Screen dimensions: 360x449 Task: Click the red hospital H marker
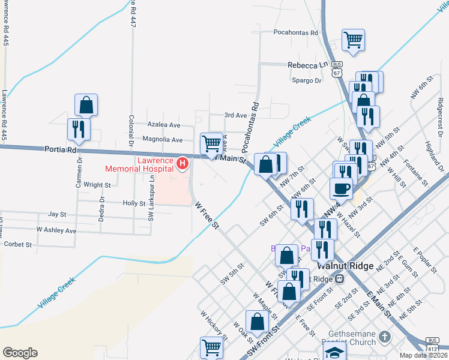(182, 163)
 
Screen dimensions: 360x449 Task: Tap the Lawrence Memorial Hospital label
(139, 164)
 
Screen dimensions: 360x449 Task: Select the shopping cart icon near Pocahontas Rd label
(353, 40)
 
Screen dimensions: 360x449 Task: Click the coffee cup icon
(342, 188)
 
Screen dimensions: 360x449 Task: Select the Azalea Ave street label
(164, 125)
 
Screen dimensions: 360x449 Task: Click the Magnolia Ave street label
(162, 140)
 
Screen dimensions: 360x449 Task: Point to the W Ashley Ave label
(56, 230)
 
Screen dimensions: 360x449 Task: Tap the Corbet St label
(17, 245)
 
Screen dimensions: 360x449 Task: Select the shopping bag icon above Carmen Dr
(86, 105)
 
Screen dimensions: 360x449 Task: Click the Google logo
(20, 353)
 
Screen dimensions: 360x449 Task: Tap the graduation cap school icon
(334, 352)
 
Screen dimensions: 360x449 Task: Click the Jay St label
(57, 214)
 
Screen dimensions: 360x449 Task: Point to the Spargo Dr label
(306, 80)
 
